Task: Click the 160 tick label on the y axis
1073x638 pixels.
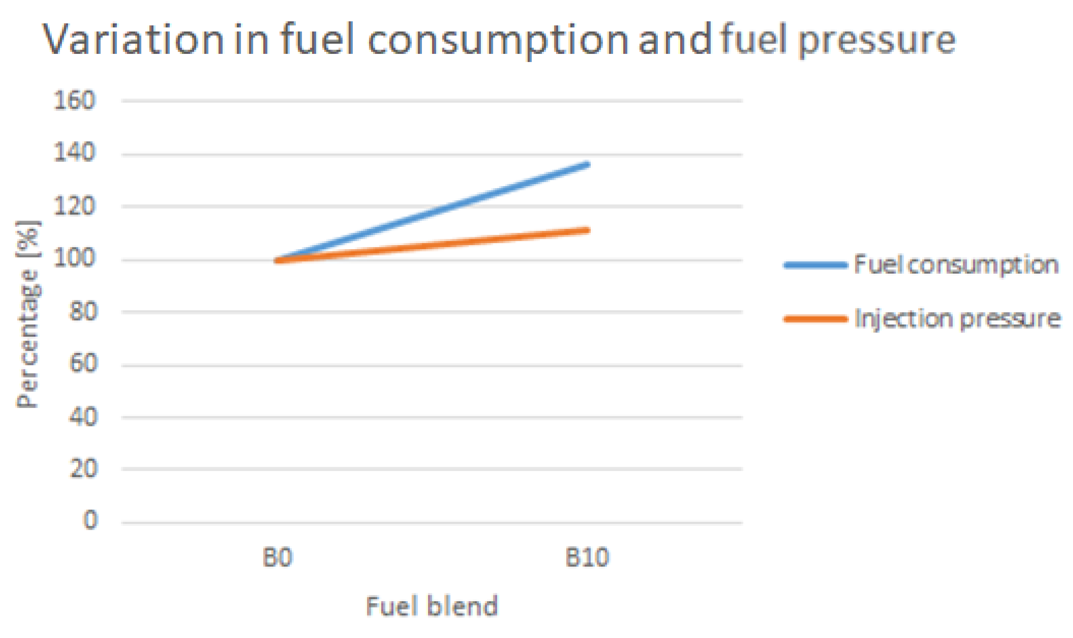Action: pyautogui.click(x=74, y=101)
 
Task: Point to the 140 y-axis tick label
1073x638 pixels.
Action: pyautogui.click(x=74, y=153)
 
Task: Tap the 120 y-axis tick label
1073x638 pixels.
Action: pyautogui.click(x=74, y=206)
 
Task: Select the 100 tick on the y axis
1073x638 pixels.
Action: pyautogui.click(x=74, y=259)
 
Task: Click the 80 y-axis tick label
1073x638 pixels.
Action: pyautogui.click(x=83, y=312)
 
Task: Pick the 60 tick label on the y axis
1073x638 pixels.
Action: pyautogui.click(x=83, y=364)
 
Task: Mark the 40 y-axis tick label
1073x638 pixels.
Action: pyautogui.click(x=83, y=416)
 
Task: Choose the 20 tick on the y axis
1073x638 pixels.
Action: pyautogui.click(x=83, y=469)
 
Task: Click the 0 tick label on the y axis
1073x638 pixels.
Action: pyautogui.click(x=90, y=521)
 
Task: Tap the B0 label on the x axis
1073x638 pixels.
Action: pyautogui.click(x=278, y=558)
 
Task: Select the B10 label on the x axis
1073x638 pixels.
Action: pyautogui.click(x=587, y=558)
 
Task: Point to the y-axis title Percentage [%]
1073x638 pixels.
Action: pyautogui.click(x=28, y=314)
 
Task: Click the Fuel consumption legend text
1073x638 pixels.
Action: pyautogui.click(x=956, y=265)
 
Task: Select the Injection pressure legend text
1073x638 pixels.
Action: pyautogui.click(x=957, y=319)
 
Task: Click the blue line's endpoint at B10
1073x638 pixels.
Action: pyautogui.click(x=588, y=165)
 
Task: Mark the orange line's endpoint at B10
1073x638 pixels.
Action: pyautogui.click(x=588, y=230)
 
